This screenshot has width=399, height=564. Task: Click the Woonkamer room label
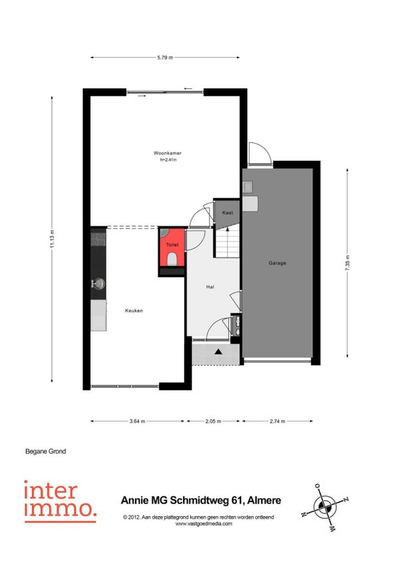pyautogui.click(x=168, y=153)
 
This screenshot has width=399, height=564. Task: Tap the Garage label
pyautogui.click(x=277, y=263)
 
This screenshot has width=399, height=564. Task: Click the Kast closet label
pyautogui.click(x=227, y=213)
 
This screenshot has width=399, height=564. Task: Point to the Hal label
pyautogui.click(x=210, y=287)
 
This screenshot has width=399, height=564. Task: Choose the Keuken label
pyautogui.click(x=134, y=311)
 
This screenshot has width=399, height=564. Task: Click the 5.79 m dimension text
pyautogui.click(x=165, y=57)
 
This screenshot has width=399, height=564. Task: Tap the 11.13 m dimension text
pyautogui.click(x=52, y=239)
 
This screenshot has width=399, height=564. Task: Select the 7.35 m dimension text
pyautogui.click(x=348, y=263)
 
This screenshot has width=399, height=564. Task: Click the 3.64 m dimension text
pyautogui.click(x=138, y=421)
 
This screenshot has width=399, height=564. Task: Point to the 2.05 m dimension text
pyautogui.click(x=213, y=421)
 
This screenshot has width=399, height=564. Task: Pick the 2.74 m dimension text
pyautogui.click(x=277, y=421)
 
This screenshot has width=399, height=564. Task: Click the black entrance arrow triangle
pyautogui.click(x=218, y=351)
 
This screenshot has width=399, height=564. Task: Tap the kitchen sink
pyautogui.click(x=98, y=283)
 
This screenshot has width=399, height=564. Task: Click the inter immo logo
pyautogui.click(x=60, y=501)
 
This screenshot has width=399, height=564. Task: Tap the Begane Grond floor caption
pyautogui.click(x=46, y=451)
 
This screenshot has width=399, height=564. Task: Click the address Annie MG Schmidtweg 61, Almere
pyautogui.click(x=201, y=500)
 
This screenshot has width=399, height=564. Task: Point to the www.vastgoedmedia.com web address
pyautogui.click(x=203, y=523)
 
